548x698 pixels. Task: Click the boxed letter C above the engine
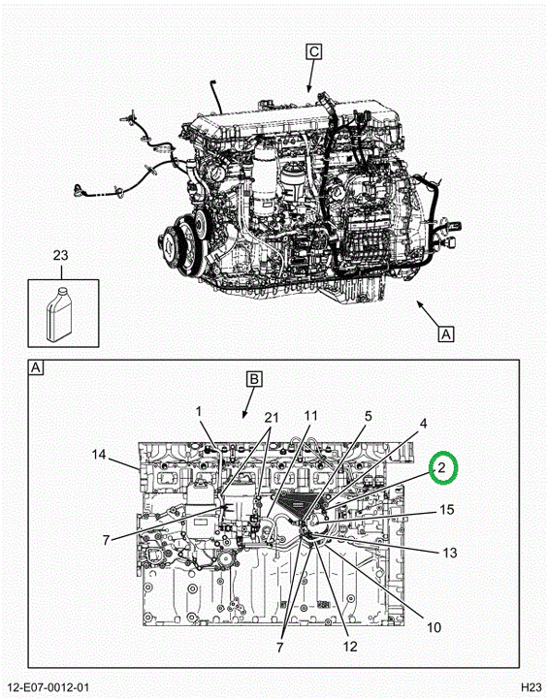(314, 52)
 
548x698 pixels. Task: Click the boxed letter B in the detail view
(254, 380)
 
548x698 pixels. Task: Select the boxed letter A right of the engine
(446, 333)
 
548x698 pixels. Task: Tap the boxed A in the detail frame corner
(36, 368)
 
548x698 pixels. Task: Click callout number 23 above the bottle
(60, 256)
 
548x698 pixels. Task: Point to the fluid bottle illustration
(59, 314)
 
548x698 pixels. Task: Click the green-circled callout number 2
(441, 467)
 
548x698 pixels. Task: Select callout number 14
(99, 455)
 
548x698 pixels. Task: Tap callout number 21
(272, 418)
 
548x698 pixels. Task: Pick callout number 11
(311, 416)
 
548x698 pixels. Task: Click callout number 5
(368, 416)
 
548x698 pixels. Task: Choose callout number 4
(423, 424)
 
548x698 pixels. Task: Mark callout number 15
(447, 510)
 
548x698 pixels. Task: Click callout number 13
(450, 553)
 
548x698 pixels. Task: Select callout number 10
(434, 627)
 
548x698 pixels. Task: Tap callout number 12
(351, 647)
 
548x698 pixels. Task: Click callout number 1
(199, 412)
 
